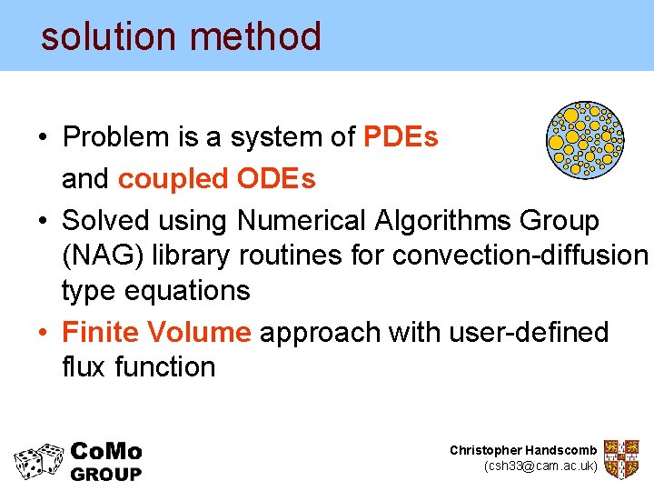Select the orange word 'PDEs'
[401, 137]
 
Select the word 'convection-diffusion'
[520, 256]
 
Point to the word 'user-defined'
[529, 332]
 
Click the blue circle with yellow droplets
[585, 138]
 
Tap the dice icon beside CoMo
[39, 461]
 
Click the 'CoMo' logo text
[106, 452]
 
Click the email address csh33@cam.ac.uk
[541, 466]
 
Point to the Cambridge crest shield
[622, 459]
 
